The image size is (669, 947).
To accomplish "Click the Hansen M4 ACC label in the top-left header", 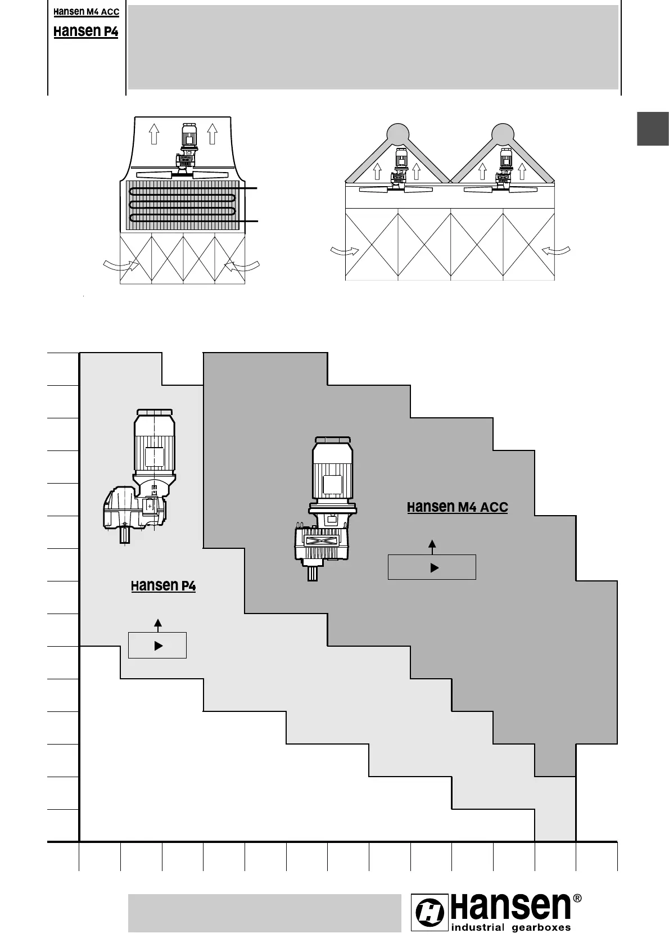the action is [86, 12].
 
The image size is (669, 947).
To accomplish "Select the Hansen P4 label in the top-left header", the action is [86, 31].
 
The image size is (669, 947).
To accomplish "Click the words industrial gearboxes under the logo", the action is [511, 927].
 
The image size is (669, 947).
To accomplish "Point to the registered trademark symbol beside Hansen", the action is [577, 898].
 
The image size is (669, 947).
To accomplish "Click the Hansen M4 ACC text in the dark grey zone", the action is [457, 507].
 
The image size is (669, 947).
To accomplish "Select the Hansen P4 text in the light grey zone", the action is [163, 585].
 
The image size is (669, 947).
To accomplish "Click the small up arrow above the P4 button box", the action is [158, 623].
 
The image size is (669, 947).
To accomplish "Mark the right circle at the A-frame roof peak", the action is [502, 134].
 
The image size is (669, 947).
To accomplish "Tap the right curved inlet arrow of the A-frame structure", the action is [557, 251].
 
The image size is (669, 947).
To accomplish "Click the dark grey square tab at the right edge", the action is [653, 129].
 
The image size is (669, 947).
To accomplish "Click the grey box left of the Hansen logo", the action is [264, 913].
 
